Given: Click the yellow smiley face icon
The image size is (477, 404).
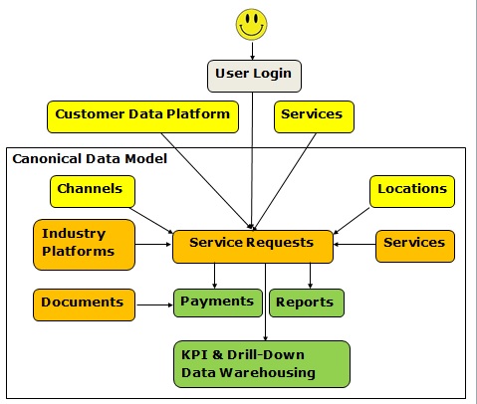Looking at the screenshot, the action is click(251, 25).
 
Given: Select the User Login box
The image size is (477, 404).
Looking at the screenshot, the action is click(254, 76).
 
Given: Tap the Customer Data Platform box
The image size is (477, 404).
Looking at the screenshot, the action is click(142, 116).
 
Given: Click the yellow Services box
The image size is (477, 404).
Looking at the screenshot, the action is click(314, 116).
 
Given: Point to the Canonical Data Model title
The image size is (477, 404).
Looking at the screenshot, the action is click(90, 159).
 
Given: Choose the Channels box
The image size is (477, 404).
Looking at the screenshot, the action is click(93, 191).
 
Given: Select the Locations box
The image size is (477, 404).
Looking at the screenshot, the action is click(412, 191).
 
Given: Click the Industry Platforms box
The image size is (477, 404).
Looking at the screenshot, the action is click(84, 245).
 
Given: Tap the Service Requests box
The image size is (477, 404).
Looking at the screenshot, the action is click(253, 247).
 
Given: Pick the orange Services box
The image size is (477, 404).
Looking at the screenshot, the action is click(415, 246).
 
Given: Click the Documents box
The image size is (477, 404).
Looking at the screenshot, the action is click(84, 304).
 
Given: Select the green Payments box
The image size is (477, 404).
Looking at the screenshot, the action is click(218, 303).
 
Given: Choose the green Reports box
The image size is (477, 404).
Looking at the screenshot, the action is click(307, 303).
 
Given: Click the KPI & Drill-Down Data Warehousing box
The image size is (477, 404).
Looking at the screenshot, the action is click(262, 364).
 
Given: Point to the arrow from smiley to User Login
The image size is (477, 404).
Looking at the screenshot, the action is click(252, 51).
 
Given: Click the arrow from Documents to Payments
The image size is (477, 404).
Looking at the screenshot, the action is click(154, 304).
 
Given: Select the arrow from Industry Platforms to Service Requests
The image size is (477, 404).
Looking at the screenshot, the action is click(153, 245).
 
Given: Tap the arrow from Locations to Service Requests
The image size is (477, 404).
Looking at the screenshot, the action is click(352, 221).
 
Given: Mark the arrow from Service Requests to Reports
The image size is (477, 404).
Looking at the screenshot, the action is click(310, 276).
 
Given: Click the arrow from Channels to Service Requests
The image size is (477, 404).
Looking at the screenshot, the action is click(151, 221).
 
